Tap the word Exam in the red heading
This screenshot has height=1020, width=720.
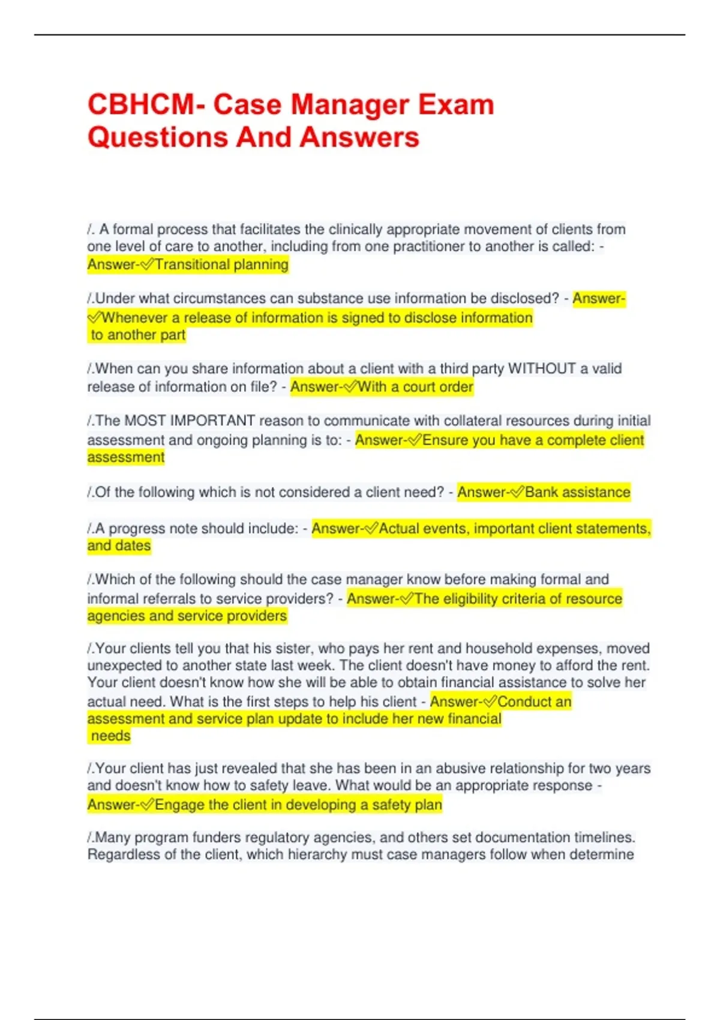456,105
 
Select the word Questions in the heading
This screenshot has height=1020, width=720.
157,137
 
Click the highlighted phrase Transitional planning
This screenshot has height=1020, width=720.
221,265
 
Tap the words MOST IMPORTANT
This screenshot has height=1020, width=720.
190,421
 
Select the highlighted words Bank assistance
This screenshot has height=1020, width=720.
577,493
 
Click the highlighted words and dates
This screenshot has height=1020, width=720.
119,546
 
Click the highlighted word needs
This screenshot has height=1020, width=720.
110,736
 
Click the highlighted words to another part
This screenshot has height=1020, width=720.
138,335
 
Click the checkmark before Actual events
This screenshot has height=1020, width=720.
371,529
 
